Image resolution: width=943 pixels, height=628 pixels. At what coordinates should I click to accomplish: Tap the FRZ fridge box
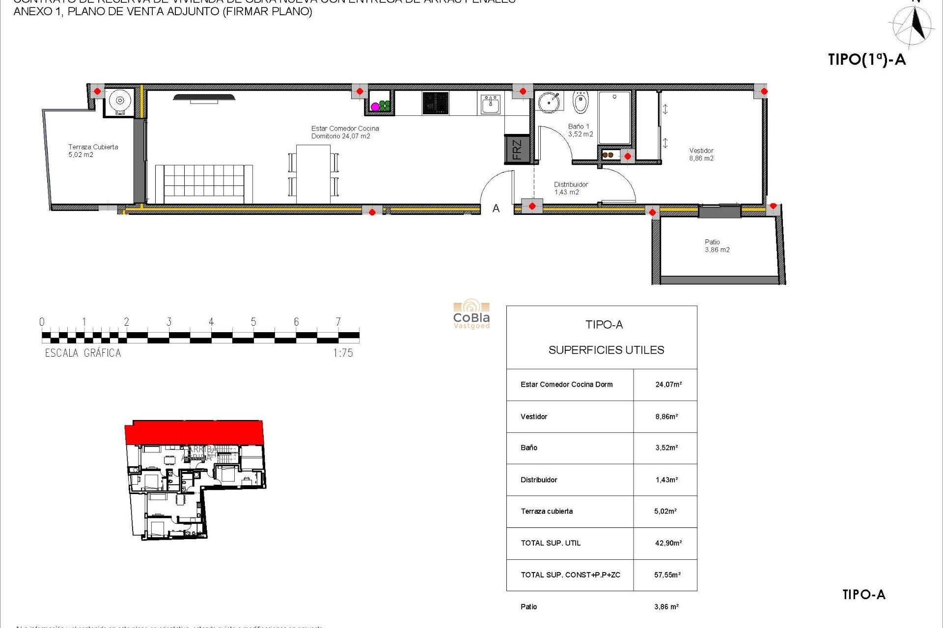point(517,150)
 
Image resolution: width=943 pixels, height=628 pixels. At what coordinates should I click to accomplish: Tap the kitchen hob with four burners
point(435,103)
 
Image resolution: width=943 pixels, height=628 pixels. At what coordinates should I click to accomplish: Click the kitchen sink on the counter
point(490,104)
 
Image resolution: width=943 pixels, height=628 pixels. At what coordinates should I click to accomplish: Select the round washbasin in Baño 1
point(549,102)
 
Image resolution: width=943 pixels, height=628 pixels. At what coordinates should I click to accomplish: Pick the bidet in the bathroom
point(580,103)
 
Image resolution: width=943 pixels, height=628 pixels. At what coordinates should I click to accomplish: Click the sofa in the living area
point(204,183)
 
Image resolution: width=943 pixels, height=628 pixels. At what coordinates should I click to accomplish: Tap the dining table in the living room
point(313,174)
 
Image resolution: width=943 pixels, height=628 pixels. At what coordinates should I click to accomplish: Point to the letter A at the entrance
point(496,209)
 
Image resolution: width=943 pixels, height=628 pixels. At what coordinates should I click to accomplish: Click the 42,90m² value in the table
point(668,543)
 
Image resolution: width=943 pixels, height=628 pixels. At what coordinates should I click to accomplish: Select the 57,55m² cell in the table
point(667,575)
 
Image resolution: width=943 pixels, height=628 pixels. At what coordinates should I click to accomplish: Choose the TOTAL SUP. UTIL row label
point(551,543)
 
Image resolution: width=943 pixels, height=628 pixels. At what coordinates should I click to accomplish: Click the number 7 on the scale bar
point(338,322)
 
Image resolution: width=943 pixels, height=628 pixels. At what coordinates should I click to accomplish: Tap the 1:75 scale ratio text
point(343,353)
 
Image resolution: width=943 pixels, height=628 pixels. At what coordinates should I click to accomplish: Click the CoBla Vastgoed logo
point(471,314)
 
